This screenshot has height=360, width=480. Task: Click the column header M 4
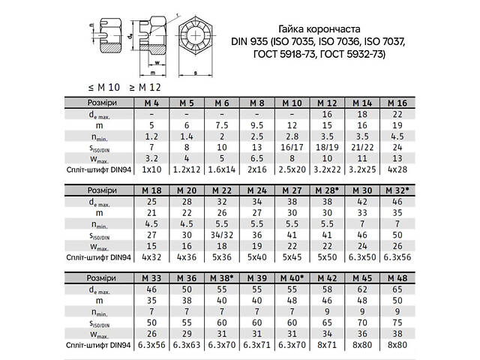click(x=151, y=103)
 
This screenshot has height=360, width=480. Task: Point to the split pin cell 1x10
click(x=151, y=171)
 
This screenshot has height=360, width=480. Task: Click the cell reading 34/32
click(x=221, y=235)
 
